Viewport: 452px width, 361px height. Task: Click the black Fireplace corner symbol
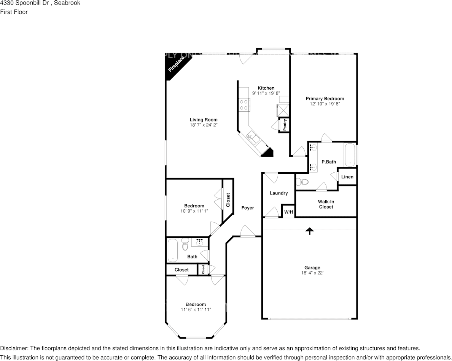174,66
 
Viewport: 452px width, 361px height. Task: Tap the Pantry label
284,125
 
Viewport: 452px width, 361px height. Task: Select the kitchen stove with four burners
244,105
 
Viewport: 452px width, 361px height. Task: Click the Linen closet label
347,177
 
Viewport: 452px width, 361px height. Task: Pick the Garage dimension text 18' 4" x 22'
312,273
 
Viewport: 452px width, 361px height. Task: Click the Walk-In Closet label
326,204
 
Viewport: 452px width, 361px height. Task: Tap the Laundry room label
279,193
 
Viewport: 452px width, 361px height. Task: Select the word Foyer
248,208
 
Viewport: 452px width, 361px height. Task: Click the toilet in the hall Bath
185,244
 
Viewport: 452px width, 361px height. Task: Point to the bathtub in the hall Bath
173,250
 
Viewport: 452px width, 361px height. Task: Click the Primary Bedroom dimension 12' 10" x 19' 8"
325,104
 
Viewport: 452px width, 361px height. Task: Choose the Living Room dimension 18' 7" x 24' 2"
204,125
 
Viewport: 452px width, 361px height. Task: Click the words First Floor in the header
14,12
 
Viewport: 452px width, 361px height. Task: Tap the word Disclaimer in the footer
13,348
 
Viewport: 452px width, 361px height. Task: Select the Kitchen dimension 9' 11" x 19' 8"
266,93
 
